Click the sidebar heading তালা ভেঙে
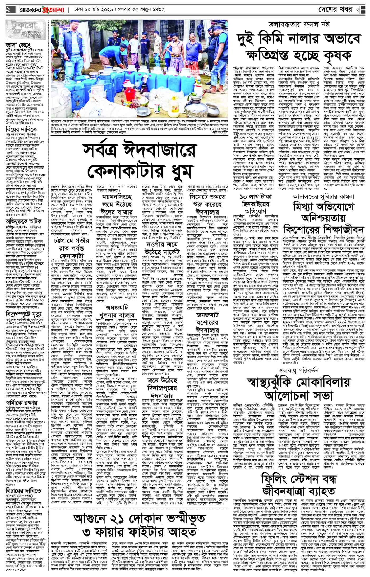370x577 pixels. click(x=15, y=45)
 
